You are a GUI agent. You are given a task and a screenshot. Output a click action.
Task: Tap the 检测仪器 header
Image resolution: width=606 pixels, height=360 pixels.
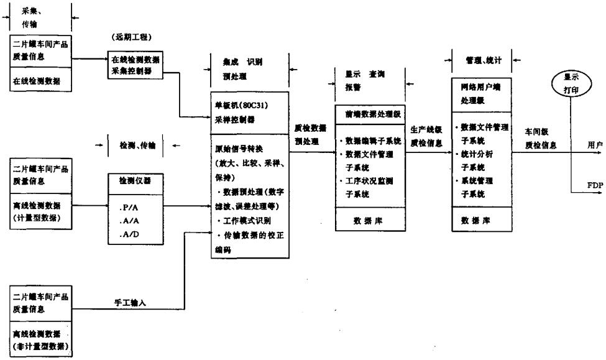click(132, 178)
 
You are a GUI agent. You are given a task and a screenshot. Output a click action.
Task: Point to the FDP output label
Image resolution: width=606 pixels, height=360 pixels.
click(593, 185)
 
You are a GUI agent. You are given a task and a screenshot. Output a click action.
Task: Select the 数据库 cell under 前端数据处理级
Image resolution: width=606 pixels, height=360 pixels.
click(370, 219)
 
